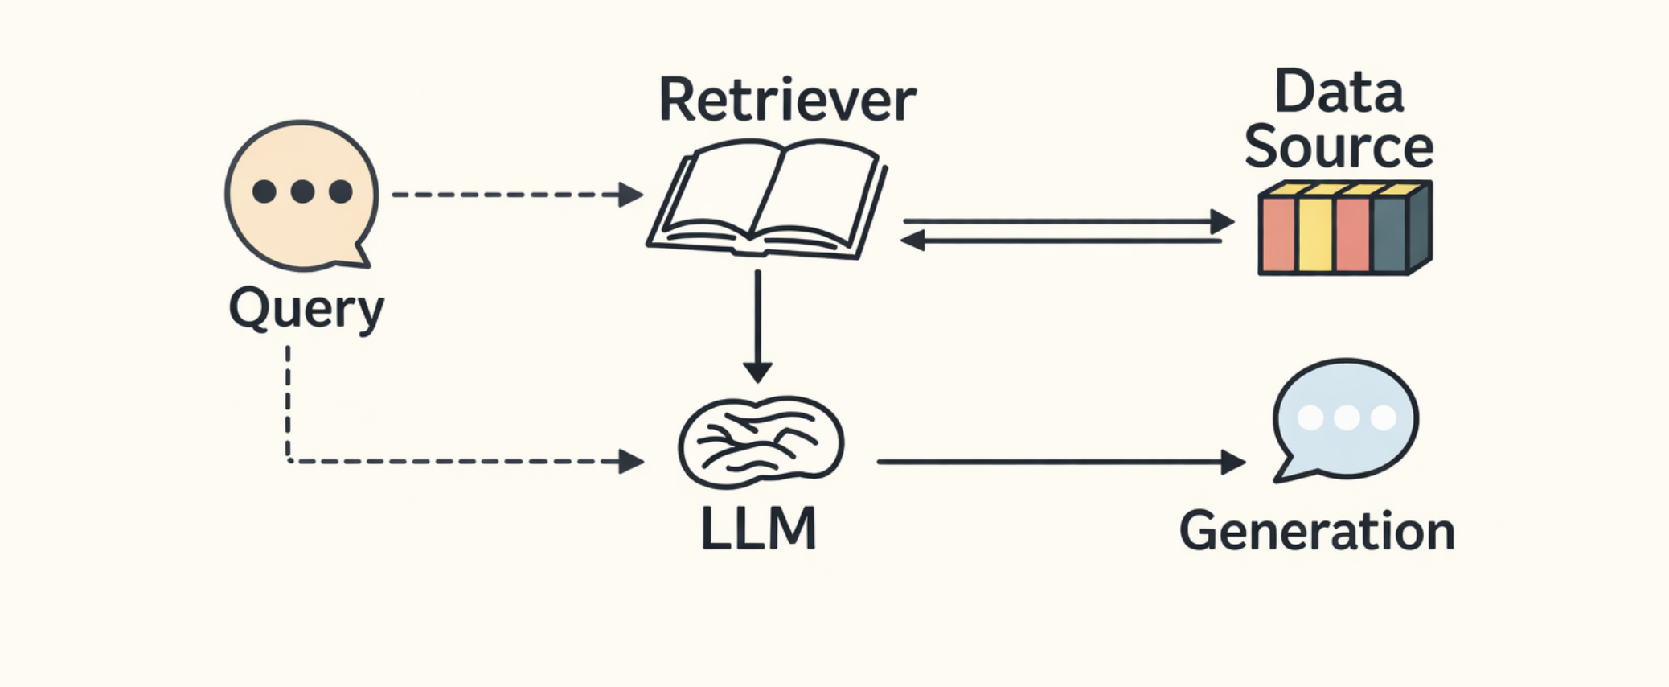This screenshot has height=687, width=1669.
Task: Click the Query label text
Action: pos(306,309)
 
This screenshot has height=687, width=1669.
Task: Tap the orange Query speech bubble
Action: pos(301,195)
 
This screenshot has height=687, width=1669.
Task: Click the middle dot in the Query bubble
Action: pos(302,191)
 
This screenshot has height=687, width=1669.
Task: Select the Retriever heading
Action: pos(787,101)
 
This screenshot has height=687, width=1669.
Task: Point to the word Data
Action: pos(1339,92)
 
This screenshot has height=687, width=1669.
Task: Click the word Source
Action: pos(1339,146)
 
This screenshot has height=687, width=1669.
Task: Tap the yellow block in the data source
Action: pos(1315,233)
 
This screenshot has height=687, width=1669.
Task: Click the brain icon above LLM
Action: pos(761,442)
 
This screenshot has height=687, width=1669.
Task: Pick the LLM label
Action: pos(758,529)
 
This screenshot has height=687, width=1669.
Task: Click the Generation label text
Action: pos(1317,532)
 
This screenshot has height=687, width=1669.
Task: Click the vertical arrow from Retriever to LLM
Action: pos(757,322)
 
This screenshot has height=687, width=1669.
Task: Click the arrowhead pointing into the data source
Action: pos(1222,221)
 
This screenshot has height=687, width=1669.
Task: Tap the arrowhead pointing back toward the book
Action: pos(913,240)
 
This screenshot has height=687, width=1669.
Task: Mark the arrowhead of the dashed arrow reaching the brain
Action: pos(632,462)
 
